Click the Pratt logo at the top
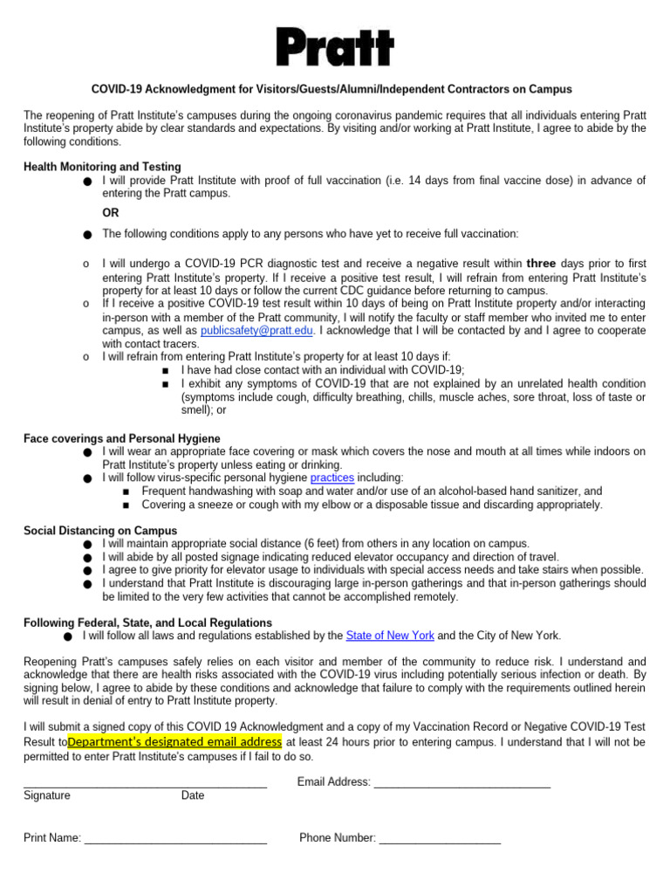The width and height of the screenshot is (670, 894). (335, 47)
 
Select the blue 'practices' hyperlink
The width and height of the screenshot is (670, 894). (332, 478)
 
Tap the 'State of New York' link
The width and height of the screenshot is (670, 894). (390, 636)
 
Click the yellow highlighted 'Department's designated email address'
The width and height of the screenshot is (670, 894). (174, 742)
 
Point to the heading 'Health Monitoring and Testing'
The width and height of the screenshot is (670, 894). (102, 167)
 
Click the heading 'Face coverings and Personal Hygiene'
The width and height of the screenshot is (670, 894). (121, 437)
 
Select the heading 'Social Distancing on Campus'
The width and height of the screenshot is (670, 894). (100, 530)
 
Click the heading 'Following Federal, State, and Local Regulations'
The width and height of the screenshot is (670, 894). (147, 622)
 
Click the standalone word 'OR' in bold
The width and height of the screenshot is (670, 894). (111, 213)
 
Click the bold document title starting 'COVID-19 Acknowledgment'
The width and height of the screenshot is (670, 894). (332, 90)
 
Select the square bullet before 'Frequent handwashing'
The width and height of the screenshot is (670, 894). (127, 492)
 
